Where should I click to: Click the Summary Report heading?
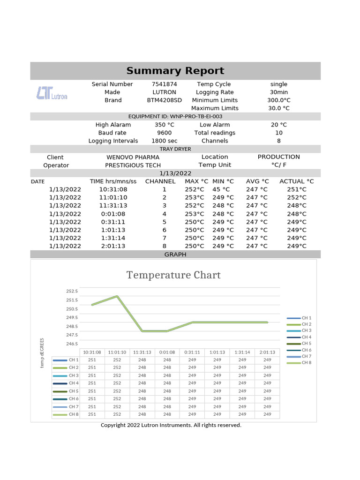click(175, 71)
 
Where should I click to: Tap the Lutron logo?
click(52, 93)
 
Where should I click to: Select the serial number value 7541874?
click(164, 84)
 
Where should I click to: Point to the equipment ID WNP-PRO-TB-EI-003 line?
click(175, 116)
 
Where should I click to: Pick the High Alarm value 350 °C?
click(164, 125)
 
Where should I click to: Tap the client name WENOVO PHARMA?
click(133, 157)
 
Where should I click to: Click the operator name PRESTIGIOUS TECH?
click(133, 165)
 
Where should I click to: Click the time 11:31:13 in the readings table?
click(113, 205)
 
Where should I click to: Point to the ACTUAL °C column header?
click(297, 181)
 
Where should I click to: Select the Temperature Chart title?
click(173, 275)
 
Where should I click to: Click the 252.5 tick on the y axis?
click(72, 291)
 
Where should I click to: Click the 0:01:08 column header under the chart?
click(167, 352)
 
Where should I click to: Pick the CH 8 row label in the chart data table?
click(74, 414)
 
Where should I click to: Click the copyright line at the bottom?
click(171, 425)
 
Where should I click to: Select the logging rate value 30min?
click(279, 92)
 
